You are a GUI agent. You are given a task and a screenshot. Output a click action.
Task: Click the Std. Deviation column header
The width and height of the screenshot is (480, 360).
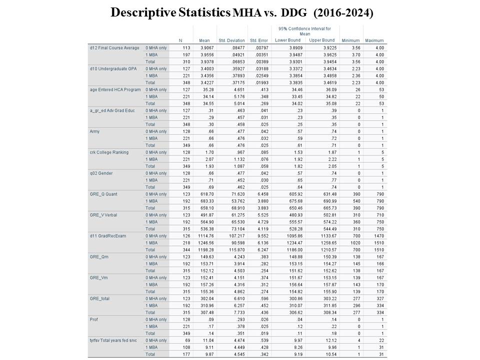pos(231,40)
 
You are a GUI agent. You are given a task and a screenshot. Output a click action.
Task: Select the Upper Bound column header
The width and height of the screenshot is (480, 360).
pos(321,40)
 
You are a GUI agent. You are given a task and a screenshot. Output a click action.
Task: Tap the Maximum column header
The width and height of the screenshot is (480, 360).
pos(374,40)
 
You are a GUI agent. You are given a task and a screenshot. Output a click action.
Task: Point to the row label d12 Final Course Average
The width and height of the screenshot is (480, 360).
pos(114,47)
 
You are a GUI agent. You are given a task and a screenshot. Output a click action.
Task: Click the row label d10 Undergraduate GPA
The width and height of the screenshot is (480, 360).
pos(112,68)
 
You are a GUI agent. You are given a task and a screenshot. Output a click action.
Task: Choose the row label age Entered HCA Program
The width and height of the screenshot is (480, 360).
pos(115,89)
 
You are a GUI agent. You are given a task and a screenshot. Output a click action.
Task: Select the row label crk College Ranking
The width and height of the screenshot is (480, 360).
pos(109,151)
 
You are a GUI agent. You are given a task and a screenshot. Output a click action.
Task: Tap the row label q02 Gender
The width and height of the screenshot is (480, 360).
pos(101,172)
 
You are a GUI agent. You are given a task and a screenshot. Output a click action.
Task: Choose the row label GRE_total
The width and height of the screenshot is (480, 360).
pos(99,297)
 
